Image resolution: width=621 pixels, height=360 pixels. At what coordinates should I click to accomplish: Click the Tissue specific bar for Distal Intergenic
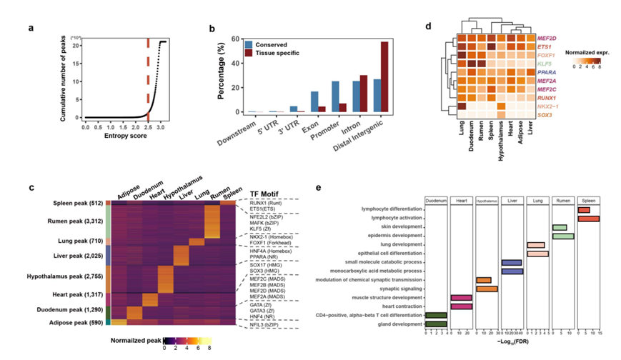[x=384, y=76]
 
